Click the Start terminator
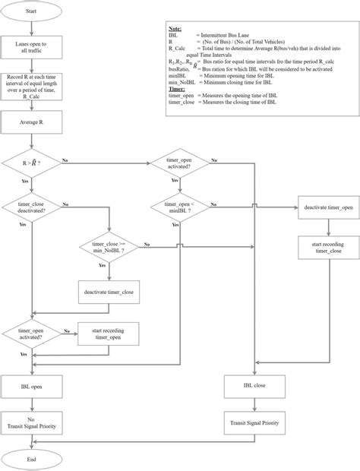pyautogui.click(x=30, y=11)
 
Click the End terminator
pyautogui.click(x=30, y=459)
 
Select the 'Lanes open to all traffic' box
pyautogui.click(x=30, y=50)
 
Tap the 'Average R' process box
pyautogui.click(x=30, y=122)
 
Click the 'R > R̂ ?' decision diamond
pyautogui.click(x=30, y=163)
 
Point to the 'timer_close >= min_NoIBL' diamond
pyautogui.click(x=111, y=247)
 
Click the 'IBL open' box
pyautogui.click(x=30, y=387)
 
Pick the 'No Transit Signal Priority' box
pyautogui.click(x=30, y=422)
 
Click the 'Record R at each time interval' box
pyautogui.click(x=30, y=87)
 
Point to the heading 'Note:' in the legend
pyautogui.click(x=175, y=26)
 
